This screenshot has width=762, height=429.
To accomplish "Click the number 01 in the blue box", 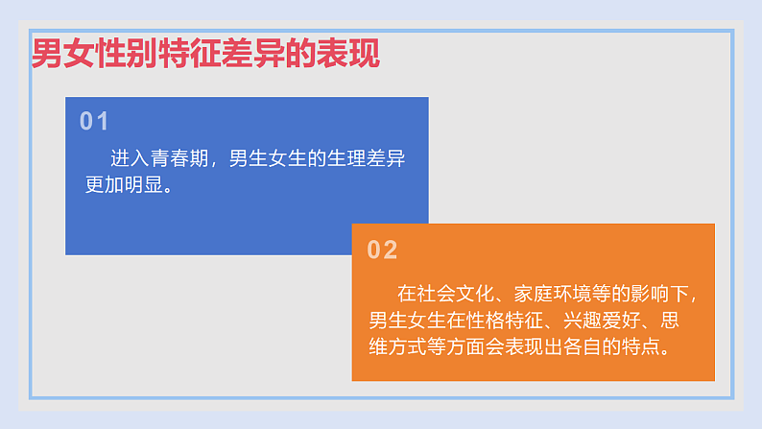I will pyautogui.click(x=94, y=121).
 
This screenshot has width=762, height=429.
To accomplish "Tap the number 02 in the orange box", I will pyautogui.click(x=382, y=250).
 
